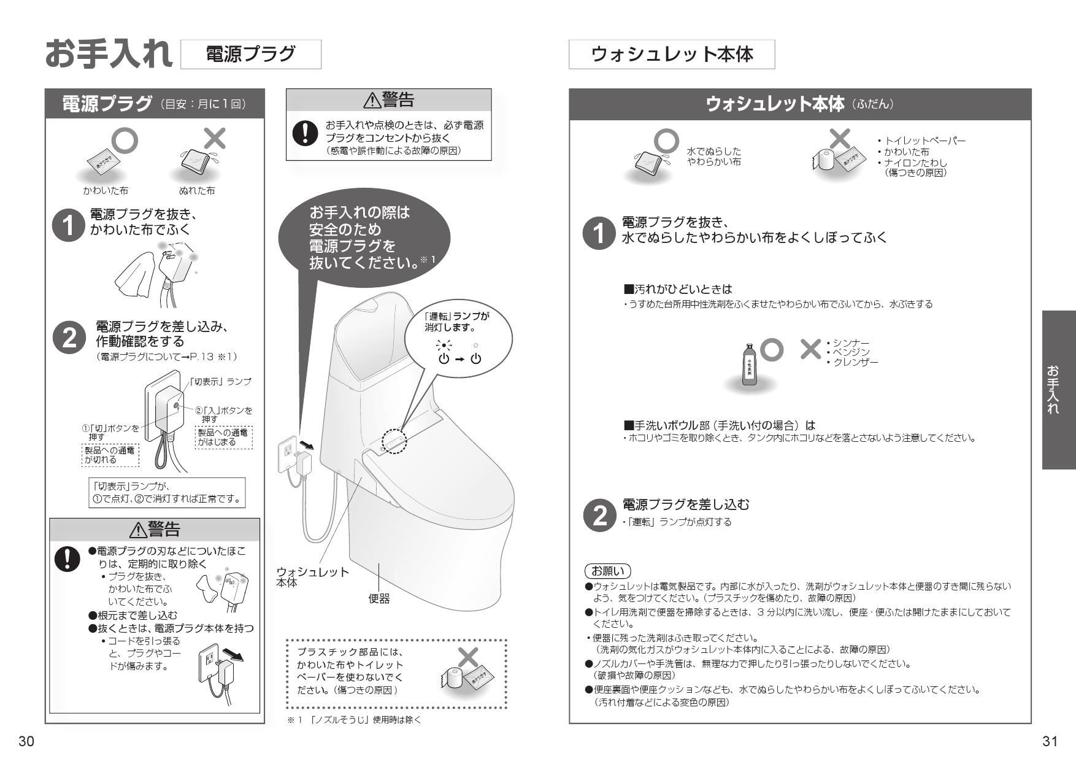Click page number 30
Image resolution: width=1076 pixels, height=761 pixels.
point(26,741)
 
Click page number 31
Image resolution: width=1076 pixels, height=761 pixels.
point(1050,741)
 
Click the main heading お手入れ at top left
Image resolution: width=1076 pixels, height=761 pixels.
point(109,54)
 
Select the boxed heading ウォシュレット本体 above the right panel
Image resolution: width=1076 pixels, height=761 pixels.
point(671,55)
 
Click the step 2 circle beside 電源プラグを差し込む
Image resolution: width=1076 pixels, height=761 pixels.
point(599,515)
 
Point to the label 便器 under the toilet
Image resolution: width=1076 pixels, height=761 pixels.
point(379,598)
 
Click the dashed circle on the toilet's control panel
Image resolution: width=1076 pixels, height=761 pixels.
point(394,441)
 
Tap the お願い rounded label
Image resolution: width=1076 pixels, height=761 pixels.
point(607,571)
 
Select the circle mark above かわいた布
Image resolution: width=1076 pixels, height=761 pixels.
point(123,141)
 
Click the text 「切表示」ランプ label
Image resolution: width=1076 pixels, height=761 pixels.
point(220,382)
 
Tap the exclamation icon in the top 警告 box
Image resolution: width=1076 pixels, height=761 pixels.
point(302,133)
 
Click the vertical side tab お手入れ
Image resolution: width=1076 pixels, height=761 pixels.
point(1058,389)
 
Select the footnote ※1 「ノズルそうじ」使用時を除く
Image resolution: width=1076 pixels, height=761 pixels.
point(354,720)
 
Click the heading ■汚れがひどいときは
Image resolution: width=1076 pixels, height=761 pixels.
point(677,288)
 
